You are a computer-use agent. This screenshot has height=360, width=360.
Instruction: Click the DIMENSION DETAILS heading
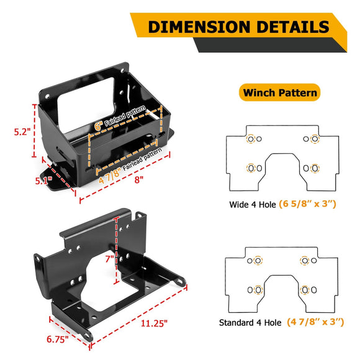(238, 27)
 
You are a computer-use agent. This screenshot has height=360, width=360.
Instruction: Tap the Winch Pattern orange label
(279, 93)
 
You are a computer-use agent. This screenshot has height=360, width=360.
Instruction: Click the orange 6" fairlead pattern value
(98, 125)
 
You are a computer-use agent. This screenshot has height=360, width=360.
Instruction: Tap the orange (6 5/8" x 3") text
(307, 204)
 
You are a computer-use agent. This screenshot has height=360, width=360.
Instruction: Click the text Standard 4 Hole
(251, 323)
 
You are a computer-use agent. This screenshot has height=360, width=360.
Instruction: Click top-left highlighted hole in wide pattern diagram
(251, 138)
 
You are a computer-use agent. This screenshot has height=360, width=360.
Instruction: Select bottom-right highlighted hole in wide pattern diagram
(315, 168)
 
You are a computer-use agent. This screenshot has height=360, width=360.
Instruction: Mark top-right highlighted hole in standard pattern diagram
(304, 261)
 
